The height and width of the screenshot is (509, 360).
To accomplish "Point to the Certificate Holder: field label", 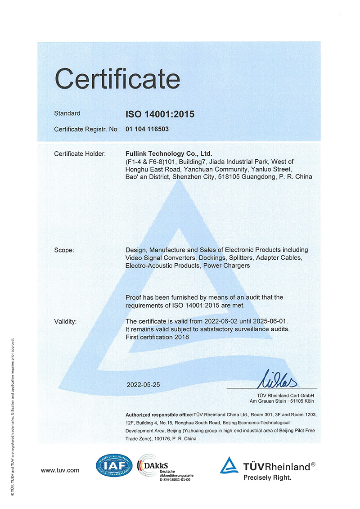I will click(x=80, y=154).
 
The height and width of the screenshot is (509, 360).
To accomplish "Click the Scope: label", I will click(x=64, y=250).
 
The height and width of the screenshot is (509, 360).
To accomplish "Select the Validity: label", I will click(x=65, y=321).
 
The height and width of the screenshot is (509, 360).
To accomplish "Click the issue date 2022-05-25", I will click(x=143, y=385).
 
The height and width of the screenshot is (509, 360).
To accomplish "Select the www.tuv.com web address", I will click(x=60, y=470).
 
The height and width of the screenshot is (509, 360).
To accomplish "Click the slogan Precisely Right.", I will click(x=267, y=477).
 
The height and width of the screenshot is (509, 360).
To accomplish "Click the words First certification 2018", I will click(x=157, y=337).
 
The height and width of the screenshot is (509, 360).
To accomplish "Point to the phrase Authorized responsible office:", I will click(x=159, y=414).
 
